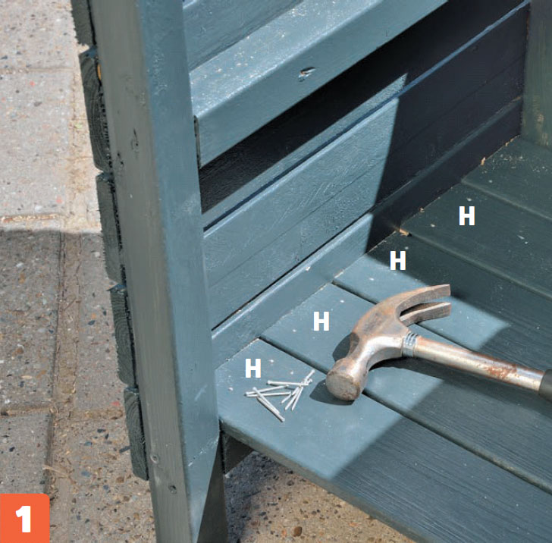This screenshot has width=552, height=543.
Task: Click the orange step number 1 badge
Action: [x=24, y=518]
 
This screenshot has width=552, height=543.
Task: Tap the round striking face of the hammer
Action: [x=339, y=381]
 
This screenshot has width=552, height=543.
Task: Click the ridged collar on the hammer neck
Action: [x=410, y=344]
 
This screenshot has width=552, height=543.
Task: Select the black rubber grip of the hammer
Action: [x=547, y=384]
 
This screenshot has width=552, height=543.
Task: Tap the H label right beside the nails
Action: [x=252, y=368]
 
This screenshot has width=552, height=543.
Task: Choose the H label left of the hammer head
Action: [x=321, y=321]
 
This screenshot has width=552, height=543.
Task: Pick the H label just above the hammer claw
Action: [x=398, y=260]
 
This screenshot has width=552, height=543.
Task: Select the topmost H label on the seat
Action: [x=467, y=215]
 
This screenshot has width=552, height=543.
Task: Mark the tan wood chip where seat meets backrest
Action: [x=404, y=232]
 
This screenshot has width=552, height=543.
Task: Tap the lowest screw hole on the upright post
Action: [x=172, y=488]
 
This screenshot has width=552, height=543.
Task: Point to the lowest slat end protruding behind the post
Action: [x=135, y=433]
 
